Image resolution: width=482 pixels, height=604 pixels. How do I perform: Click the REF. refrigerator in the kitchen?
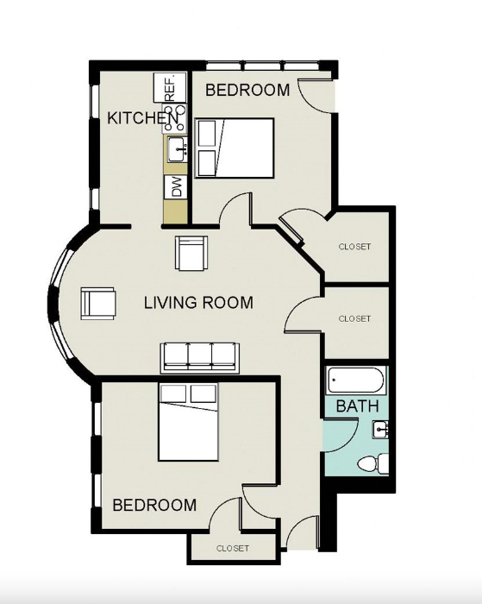point(170,87)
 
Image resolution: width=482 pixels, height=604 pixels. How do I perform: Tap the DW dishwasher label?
point(177,187)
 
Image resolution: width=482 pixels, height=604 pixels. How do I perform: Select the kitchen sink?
point(177,148)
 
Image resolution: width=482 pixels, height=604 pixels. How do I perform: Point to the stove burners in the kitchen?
point(176,118)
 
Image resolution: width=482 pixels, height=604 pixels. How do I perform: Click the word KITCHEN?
point(143,118)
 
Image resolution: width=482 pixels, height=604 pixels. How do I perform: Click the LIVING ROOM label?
point(198,303)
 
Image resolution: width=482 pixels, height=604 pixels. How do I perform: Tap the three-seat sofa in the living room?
point(199,357)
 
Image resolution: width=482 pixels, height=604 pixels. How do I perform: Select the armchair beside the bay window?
point(98,303)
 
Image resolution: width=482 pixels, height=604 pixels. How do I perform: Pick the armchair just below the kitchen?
point(191,253)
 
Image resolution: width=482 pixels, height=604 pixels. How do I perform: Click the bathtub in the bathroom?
point(356,381)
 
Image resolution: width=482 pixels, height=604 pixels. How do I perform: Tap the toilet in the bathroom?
point(372,463)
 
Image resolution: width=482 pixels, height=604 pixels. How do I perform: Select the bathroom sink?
point(380,430)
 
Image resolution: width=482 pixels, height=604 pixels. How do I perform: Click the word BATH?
point(357,406)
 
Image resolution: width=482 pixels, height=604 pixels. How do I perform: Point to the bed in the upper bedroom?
point(235,148)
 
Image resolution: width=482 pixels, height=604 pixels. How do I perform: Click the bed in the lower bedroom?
point(188,422)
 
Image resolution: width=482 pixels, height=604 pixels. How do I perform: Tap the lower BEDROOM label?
point(154,505)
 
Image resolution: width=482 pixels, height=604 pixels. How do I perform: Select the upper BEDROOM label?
point(247,90)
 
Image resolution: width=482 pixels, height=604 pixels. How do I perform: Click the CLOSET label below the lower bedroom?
point(233,548)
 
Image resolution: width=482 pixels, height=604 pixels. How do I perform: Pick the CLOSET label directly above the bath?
point(354,319)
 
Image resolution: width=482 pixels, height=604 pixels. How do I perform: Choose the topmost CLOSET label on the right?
point(354,247)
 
